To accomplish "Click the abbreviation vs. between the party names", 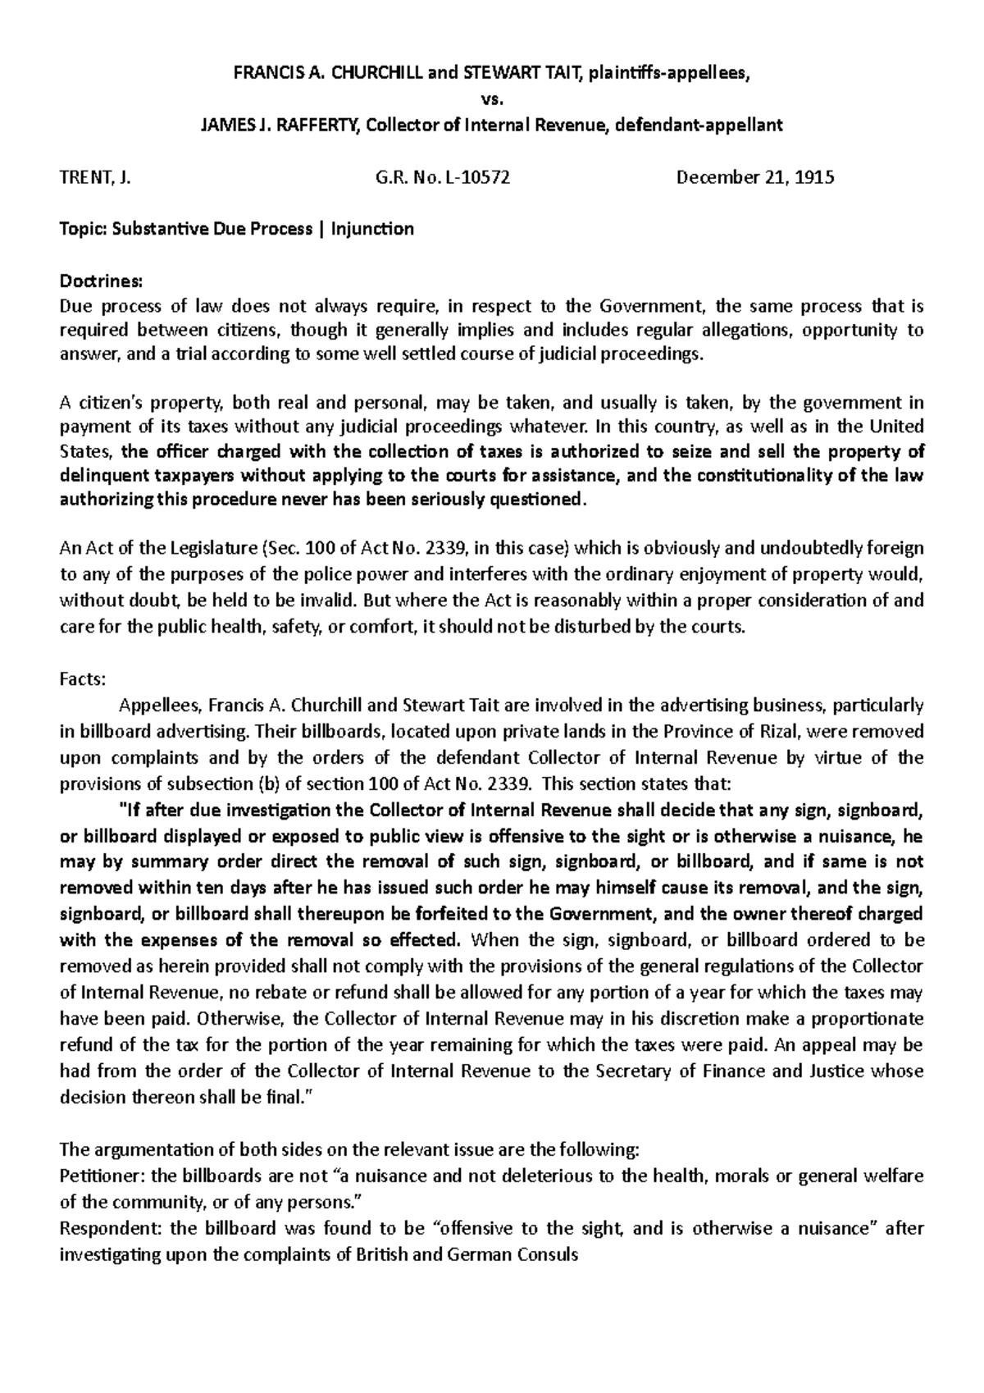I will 491,99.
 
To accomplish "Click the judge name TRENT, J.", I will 96,178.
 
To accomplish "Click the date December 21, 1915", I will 754,178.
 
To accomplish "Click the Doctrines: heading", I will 102,282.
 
